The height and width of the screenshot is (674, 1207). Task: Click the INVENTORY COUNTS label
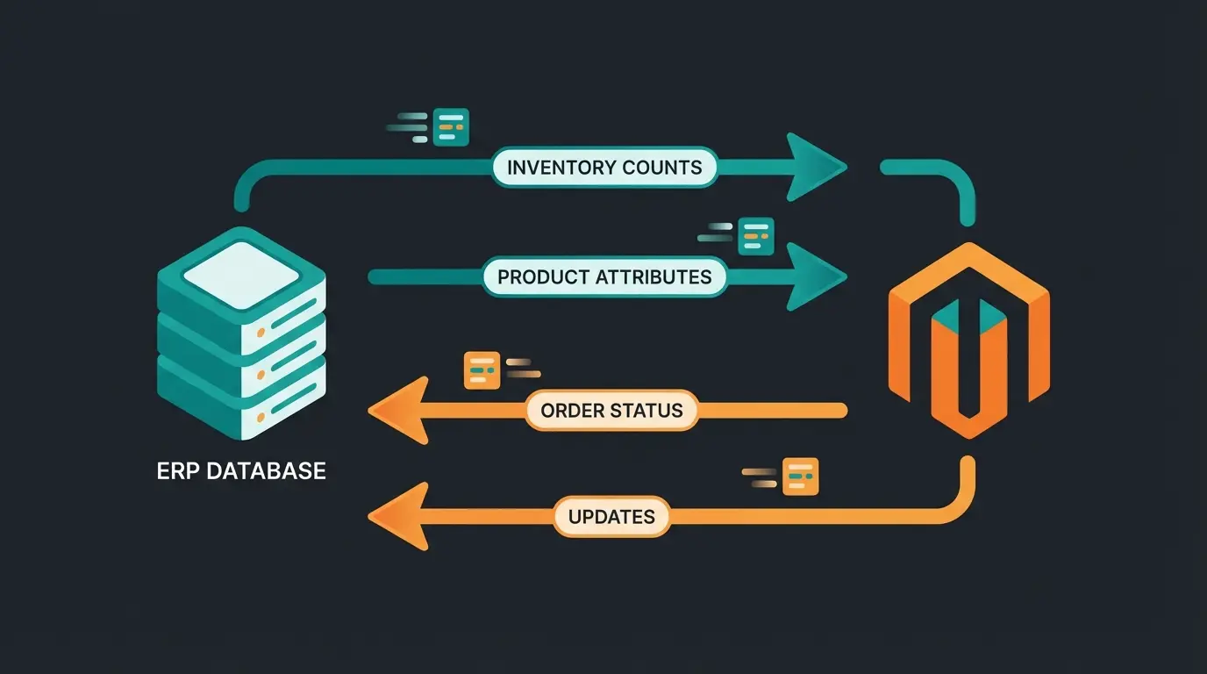604,167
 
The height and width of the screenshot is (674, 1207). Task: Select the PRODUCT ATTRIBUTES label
604,277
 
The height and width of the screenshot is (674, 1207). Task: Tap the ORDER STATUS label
611,410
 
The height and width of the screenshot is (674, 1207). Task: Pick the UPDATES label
611,517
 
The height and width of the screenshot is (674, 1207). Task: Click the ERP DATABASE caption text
241,470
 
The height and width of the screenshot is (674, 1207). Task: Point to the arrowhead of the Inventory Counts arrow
815,167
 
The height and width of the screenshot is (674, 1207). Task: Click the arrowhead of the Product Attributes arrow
815,277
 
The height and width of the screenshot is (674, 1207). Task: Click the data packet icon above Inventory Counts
451,127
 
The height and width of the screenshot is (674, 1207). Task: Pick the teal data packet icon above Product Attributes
755,236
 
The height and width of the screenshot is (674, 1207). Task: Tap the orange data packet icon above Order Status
482,370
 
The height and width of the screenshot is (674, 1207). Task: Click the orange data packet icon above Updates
799,477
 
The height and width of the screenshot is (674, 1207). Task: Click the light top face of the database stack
241,268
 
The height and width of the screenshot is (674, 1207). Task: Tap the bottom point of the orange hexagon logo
968,434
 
